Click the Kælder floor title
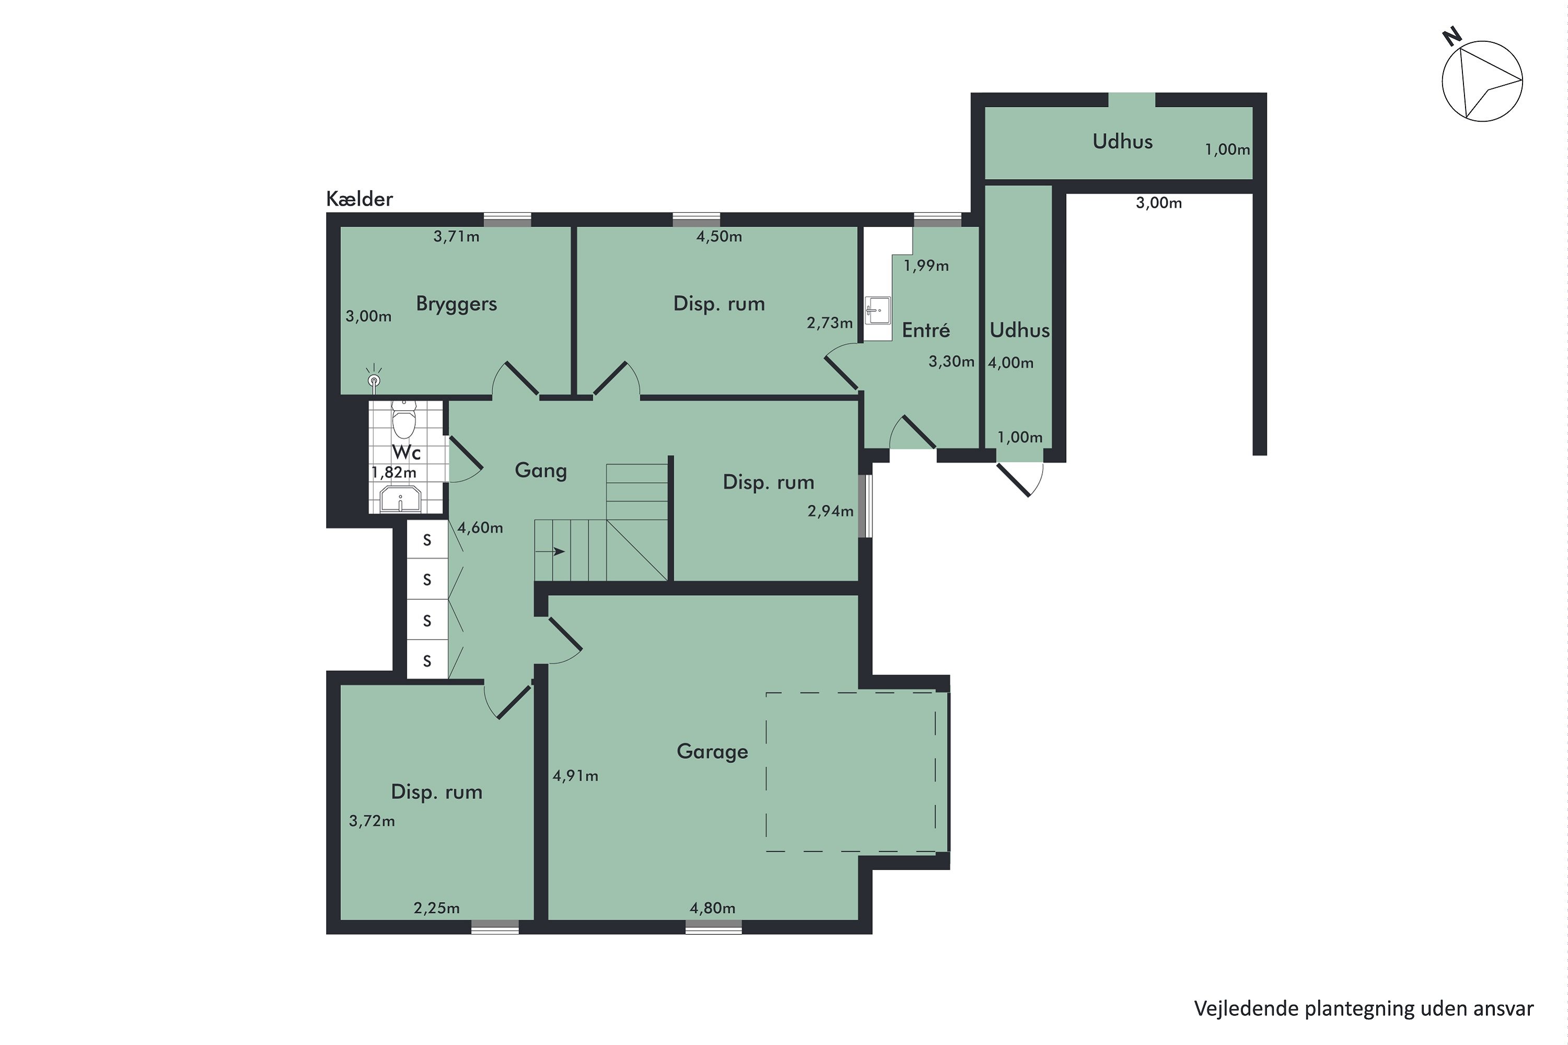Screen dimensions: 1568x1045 [360, 199]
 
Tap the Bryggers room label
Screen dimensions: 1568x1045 [457, 304]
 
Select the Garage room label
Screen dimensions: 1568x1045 [712, 752]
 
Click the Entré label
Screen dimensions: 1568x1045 [926, 329]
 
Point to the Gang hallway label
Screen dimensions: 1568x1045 [540, 471]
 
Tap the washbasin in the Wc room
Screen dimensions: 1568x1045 [400, 498]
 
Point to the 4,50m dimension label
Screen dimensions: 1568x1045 [719, 236]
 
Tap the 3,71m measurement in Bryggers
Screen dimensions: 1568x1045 [457, 236]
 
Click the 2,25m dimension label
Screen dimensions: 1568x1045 [436, 908]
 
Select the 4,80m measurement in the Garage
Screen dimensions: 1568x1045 [713, 908]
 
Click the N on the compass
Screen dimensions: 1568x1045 [1452, 37]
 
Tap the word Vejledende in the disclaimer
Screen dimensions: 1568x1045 [1246, 1008]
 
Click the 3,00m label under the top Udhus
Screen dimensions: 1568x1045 [1159, 203]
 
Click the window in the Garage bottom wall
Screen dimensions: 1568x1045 [713, 927]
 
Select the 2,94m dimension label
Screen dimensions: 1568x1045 [831, 510]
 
